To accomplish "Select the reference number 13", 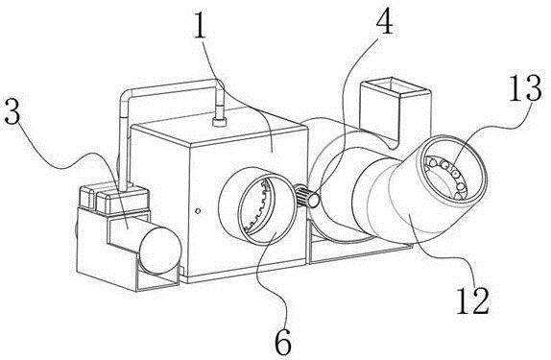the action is pyautogui.click(x=525, y=87).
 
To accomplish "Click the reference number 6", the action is pyautogui.click(x=283, y=342).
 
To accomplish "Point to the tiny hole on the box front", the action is pyautogui.click(x=198, y=211).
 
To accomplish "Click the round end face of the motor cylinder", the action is pyautogui.click(x=160, y=250).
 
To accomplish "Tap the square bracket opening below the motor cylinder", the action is pyautogui.click(x=156, y=278).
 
